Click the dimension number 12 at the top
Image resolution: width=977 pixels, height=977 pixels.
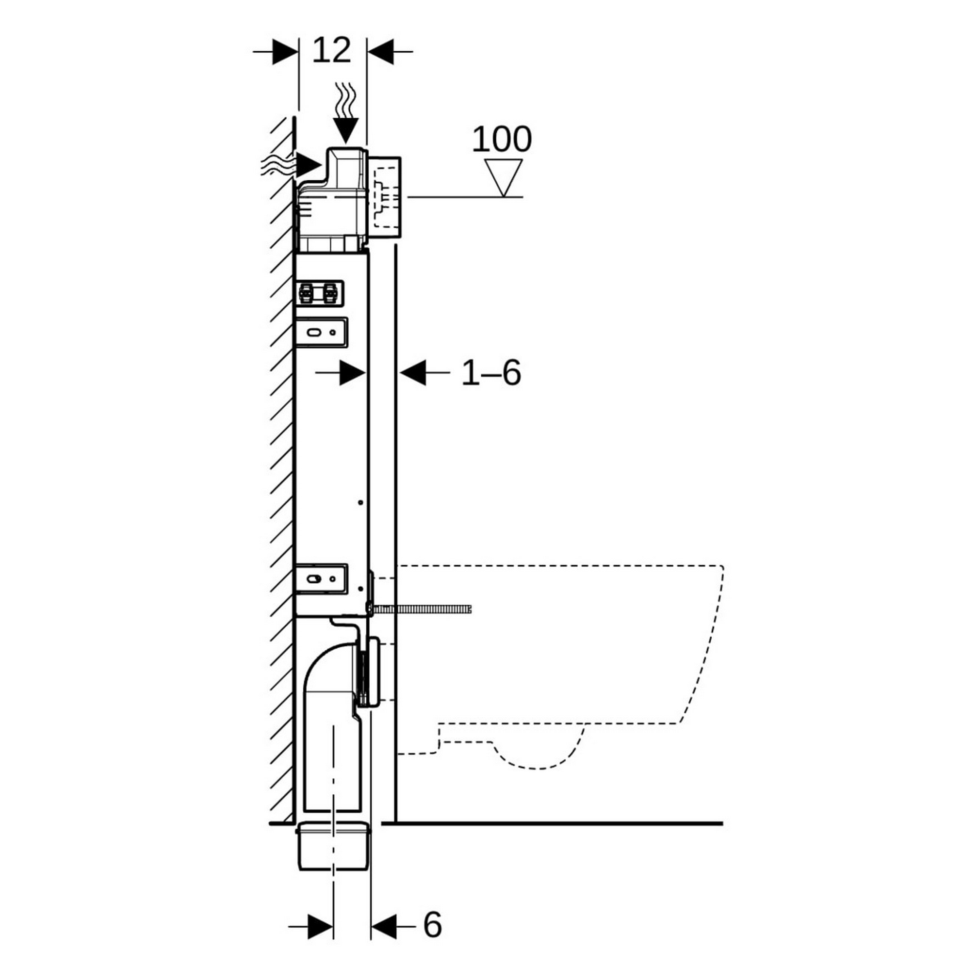coord(331,51)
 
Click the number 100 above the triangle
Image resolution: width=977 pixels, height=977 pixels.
coord(502,139)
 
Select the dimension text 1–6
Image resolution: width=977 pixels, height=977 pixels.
coord(490,373)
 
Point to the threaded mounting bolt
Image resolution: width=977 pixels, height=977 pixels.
coord(422,609)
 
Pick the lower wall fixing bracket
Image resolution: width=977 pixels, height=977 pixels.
coord(321,578)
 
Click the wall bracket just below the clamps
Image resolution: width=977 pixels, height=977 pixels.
coord(321,332)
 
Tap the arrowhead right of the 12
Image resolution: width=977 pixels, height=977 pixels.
coord(380,51)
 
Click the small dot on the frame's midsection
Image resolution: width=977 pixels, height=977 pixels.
coord(361,502)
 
